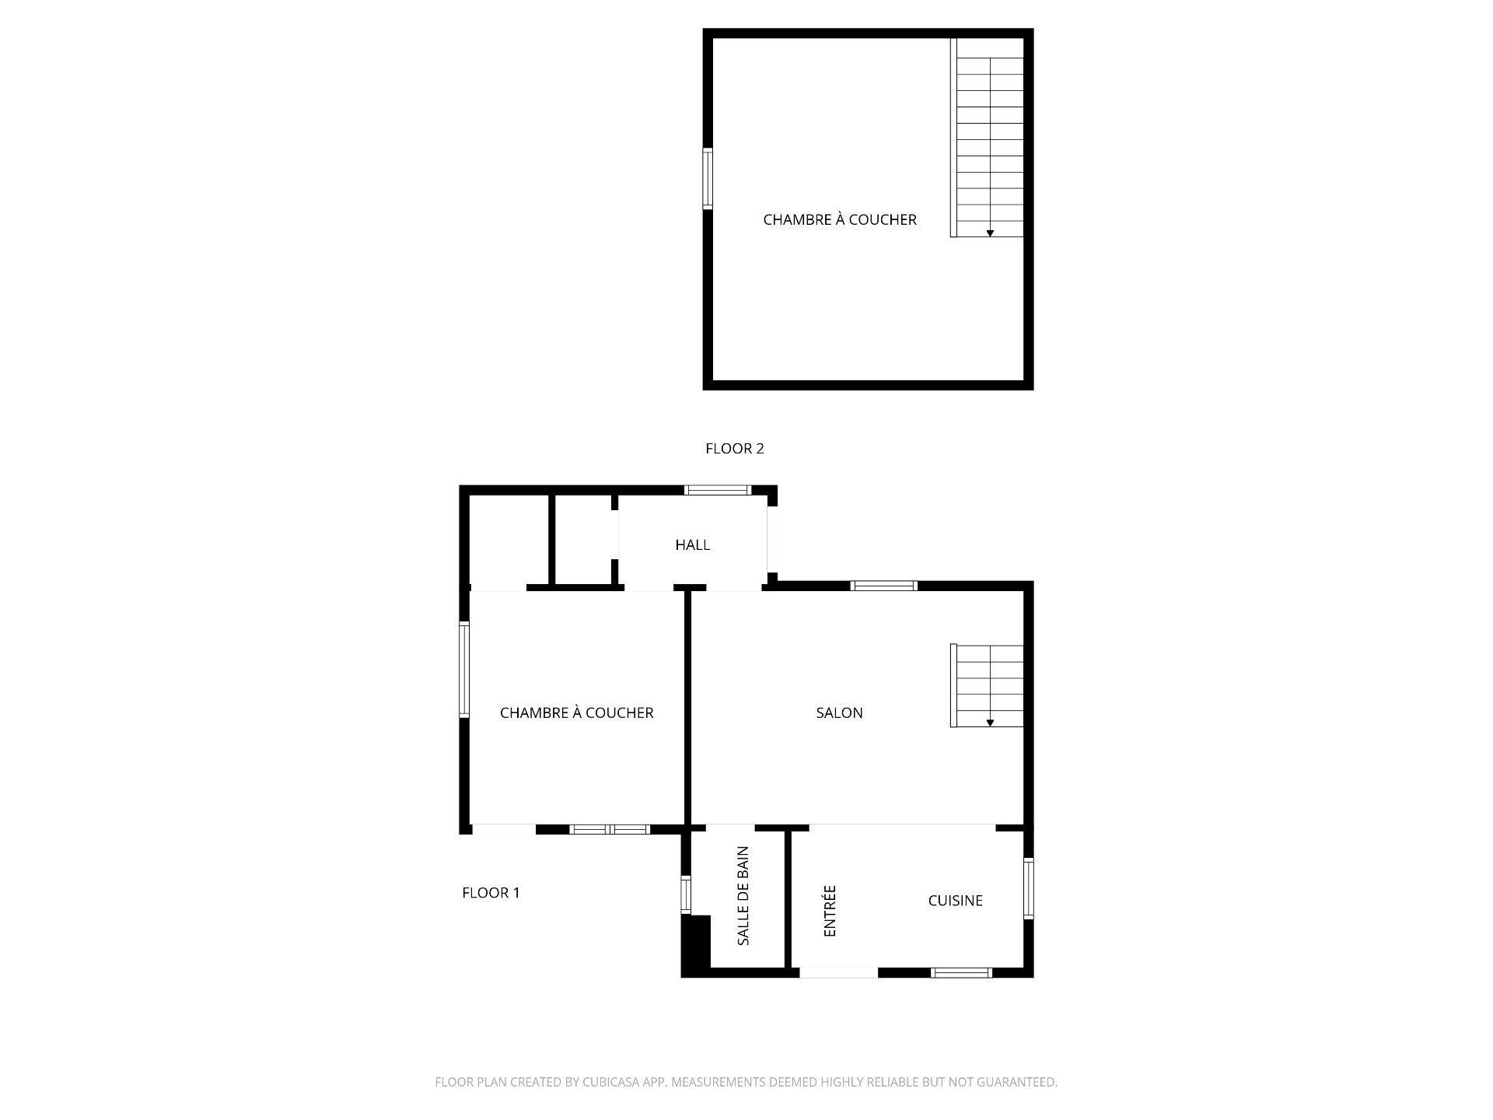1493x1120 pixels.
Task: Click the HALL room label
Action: [x=692, y=545]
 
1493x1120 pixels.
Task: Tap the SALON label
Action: [x=839, y=712]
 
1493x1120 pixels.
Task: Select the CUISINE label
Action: [x=955, y=901]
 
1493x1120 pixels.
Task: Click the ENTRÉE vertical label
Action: [x=830, y=911]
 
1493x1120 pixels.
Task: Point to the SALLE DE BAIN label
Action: [x=743, y=896]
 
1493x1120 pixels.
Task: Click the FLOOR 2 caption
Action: [x=734, y=449]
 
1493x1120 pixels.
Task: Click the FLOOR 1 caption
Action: [x=491, y=893]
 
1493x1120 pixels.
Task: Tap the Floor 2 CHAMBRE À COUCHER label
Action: [x=840, y=220]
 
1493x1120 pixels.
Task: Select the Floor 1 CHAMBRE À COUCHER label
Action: [x=576, y=712]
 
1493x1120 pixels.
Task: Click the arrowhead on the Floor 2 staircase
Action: [x=990, y=233]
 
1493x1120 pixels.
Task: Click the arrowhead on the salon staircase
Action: [x=990, y=723]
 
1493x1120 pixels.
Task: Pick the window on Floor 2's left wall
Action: [x=708, y=179]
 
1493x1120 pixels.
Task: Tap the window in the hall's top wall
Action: [x=718, y=490]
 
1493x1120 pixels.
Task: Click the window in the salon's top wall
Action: [x=884, y=586]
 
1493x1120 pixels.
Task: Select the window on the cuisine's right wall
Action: [x=1028, y=887]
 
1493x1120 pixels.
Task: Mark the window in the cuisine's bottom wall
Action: [x=961, y=972]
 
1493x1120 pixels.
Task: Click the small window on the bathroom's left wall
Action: [x=686, y=894]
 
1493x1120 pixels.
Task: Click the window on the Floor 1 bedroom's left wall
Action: [x=464, y=669]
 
